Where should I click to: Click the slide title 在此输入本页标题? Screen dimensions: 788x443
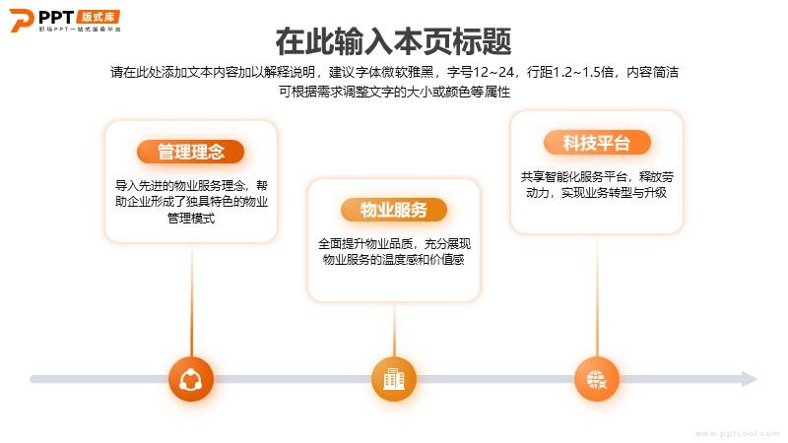tap(393, 41)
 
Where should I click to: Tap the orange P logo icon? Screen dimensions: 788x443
tap(21, 20)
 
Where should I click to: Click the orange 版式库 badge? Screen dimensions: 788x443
tap(98, 17)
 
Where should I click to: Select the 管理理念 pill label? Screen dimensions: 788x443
tap(190, 152)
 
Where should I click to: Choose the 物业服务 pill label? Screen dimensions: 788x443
tap(393, 210)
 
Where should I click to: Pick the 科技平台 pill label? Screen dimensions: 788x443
tap(597, 143)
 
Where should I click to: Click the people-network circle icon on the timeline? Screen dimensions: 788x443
tap(191, 379)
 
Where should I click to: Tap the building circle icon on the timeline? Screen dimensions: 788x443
tap(394, 379)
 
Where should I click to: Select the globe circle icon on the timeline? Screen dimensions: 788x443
tap(597, 379)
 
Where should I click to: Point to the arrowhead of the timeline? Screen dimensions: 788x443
tap(750, 379)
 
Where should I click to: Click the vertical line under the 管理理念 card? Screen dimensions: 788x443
tap(191, 300)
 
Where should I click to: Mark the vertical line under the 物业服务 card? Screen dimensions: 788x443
tap(394, 330)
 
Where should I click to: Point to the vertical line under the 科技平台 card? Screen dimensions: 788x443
tap(597, 295)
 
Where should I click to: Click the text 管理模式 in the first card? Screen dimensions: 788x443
tap(191, 219)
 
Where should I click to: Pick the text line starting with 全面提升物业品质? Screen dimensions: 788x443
tap(394, 244)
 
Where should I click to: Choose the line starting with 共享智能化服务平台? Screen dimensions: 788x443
tap(597, 177)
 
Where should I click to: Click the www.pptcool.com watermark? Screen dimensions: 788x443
tap(737, 433)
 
